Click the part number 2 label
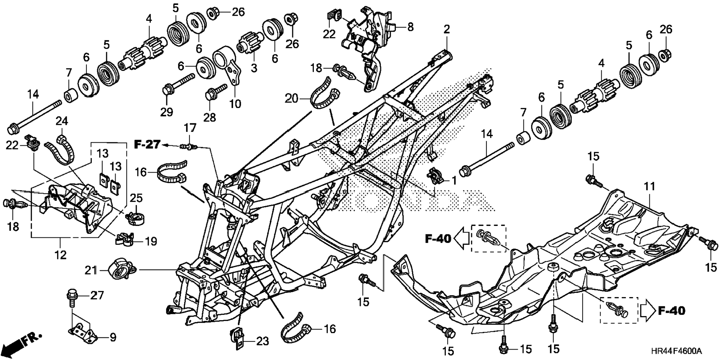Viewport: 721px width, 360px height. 446,29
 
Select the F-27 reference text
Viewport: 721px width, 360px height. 147,145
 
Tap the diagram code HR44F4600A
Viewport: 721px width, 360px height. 676,351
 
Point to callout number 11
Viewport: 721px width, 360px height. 650,187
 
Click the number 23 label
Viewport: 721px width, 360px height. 262,341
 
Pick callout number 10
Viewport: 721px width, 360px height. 235,104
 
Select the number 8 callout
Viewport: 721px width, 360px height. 410,27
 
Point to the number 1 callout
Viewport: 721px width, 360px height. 454,181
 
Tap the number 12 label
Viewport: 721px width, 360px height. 60,255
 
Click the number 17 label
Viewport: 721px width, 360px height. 190,128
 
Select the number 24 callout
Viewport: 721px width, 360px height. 62,121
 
